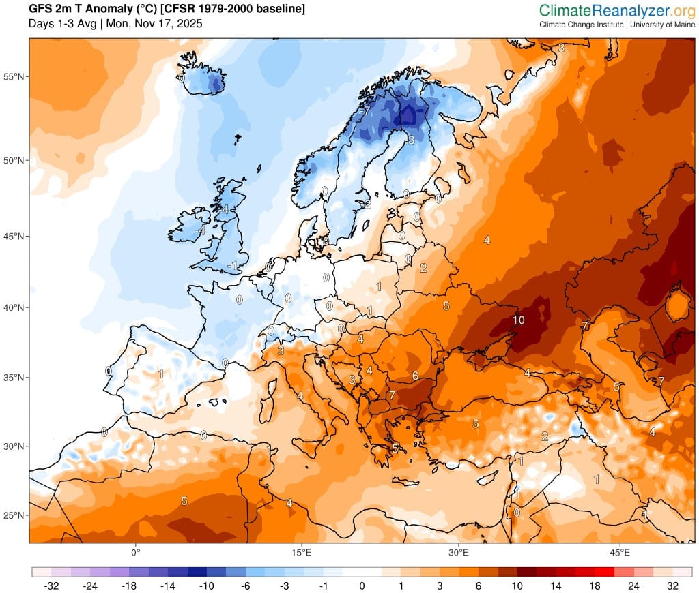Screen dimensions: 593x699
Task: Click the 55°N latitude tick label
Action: (x=15, y=76)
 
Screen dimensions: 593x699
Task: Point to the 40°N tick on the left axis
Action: (x=15, y=307)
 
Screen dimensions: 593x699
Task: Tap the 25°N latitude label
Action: (x=15, y=515)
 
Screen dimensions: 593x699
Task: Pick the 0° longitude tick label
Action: (x=135, y=551)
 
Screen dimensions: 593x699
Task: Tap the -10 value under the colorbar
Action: (x=209, y=586)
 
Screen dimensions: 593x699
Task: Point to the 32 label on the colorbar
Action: (x=672, y=586)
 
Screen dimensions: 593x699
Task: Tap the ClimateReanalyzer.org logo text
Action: (x=616, y=10)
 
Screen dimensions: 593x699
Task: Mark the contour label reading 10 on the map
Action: (x=518, y=320)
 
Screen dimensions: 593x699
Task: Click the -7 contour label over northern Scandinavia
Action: (x=365, y=110)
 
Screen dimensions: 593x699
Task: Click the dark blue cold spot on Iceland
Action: (x=216, y=85)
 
